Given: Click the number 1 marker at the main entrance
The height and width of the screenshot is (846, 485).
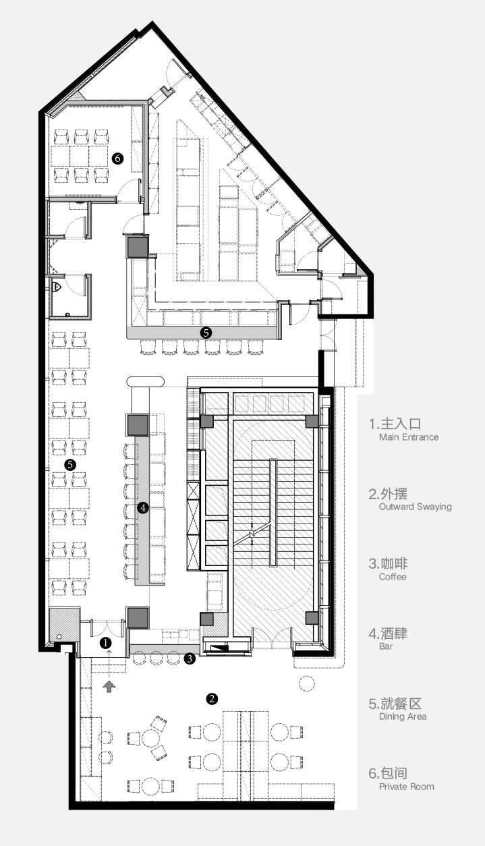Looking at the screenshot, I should click(x=105, y=643).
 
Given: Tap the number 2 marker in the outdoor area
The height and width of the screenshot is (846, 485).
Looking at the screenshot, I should click(x=212, y=699).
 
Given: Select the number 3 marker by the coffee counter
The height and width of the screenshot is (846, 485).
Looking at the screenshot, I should click(x=191, y=658).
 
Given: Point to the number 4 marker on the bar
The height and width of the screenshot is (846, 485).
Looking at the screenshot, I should click(x=142, y=507).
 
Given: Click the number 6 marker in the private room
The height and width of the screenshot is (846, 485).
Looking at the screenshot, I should click(x=119, y=158).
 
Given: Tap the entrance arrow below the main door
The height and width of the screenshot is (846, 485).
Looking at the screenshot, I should click(x=109, y=686).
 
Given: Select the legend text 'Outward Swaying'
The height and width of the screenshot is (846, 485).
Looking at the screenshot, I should click(x=415, y=507).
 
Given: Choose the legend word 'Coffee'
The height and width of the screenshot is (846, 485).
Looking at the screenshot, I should click(x=393, y=577).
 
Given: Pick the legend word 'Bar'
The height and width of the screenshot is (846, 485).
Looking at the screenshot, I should click(x=386, y=646).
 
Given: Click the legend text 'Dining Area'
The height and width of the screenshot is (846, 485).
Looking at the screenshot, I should click(x=403, y=716).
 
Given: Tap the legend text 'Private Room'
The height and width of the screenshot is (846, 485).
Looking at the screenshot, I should click(x=407, y=787).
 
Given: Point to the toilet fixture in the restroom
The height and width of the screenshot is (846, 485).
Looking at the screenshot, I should click(x=59, y=288).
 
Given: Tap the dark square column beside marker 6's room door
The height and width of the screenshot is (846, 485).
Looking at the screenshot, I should click(x=136, y=246).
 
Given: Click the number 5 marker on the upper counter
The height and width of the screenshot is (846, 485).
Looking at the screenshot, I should click(x=206, y=333).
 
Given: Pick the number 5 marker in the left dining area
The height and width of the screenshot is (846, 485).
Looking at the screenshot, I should click(x=69, y=465).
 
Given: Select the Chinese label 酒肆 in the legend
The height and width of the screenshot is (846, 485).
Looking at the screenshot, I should click(x=394, y=633).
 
